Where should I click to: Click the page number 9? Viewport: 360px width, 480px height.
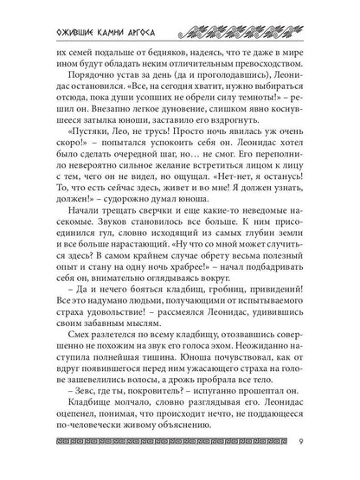tap(323, 446)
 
